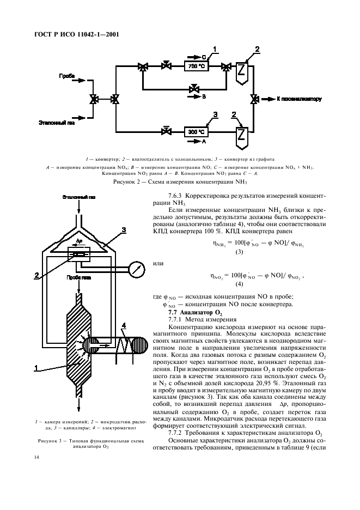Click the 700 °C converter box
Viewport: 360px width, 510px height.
(196, 66)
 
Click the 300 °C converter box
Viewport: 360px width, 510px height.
(196, 131)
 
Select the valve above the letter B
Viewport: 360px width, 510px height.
(193, 88)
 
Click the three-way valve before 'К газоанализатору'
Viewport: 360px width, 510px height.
(254, 99)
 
